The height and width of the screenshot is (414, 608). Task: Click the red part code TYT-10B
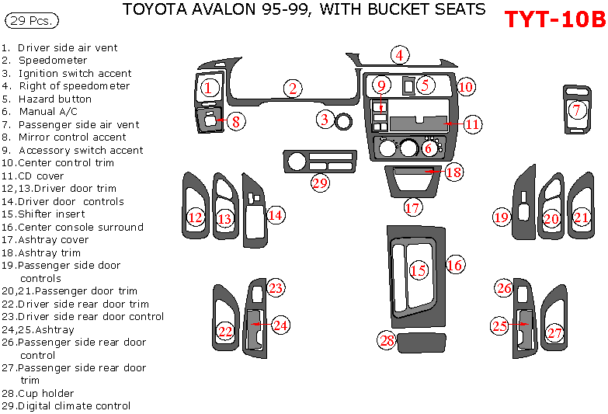(554, 19)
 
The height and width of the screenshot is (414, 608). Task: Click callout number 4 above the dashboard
(399, 55)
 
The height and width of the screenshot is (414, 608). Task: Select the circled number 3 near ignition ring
(325, 120)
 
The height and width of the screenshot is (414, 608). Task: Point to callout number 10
(465, 87)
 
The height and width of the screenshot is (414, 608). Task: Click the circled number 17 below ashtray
(413, 208)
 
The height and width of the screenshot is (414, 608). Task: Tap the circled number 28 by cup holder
(387, 340)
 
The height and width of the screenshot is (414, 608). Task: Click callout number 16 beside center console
(454, 266)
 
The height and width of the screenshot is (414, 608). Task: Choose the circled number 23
(276, 288)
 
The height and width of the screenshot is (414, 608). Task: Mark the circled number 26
(504, 289)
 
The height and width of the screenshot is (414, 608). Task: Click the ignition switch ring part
(343, 120)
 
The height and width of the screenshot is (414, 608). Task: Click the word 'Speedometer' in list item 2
(53, 60)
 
